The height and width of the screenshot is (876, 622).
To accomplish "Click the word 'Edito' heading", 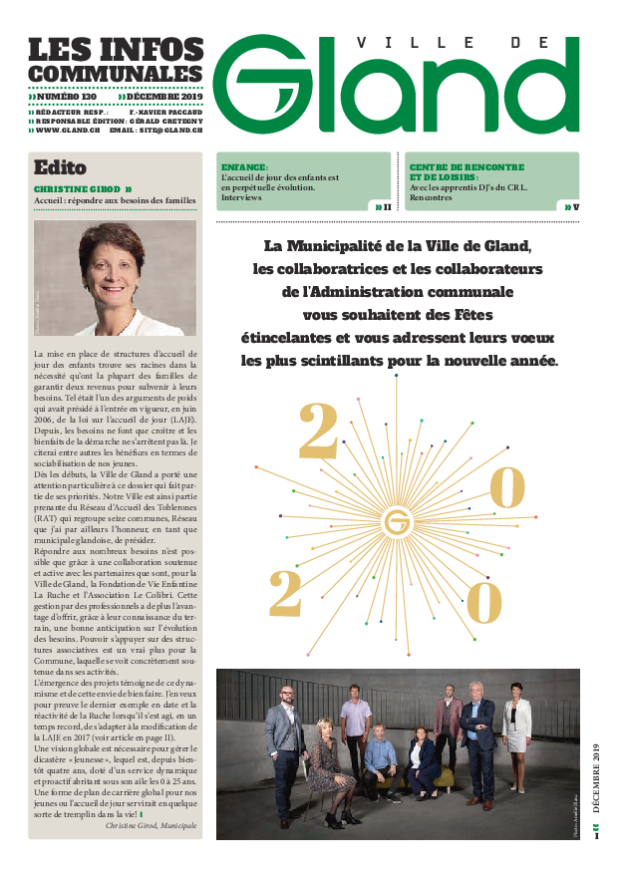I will coord(60,167).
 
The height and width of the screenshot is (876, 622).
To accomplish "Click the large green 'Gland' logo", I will coord(399,90).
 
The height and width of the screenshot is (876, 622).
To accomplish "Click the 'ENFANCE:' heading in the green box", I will coord(244,166).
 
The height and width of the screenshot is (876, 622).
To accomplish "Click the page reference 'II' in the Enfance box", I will coord(387,206).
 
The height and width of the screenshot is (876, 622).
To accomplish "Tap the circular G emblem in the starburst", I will coord(399,521).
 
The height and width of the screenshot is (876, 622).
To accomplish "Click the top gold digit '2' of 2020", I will coord(319,432).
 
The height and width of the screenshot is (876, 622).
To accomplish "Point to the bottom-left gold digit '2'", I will coord(286,596).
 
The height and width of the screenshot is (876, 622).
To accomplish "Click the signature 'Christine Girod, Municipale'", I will coord(151,826).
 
